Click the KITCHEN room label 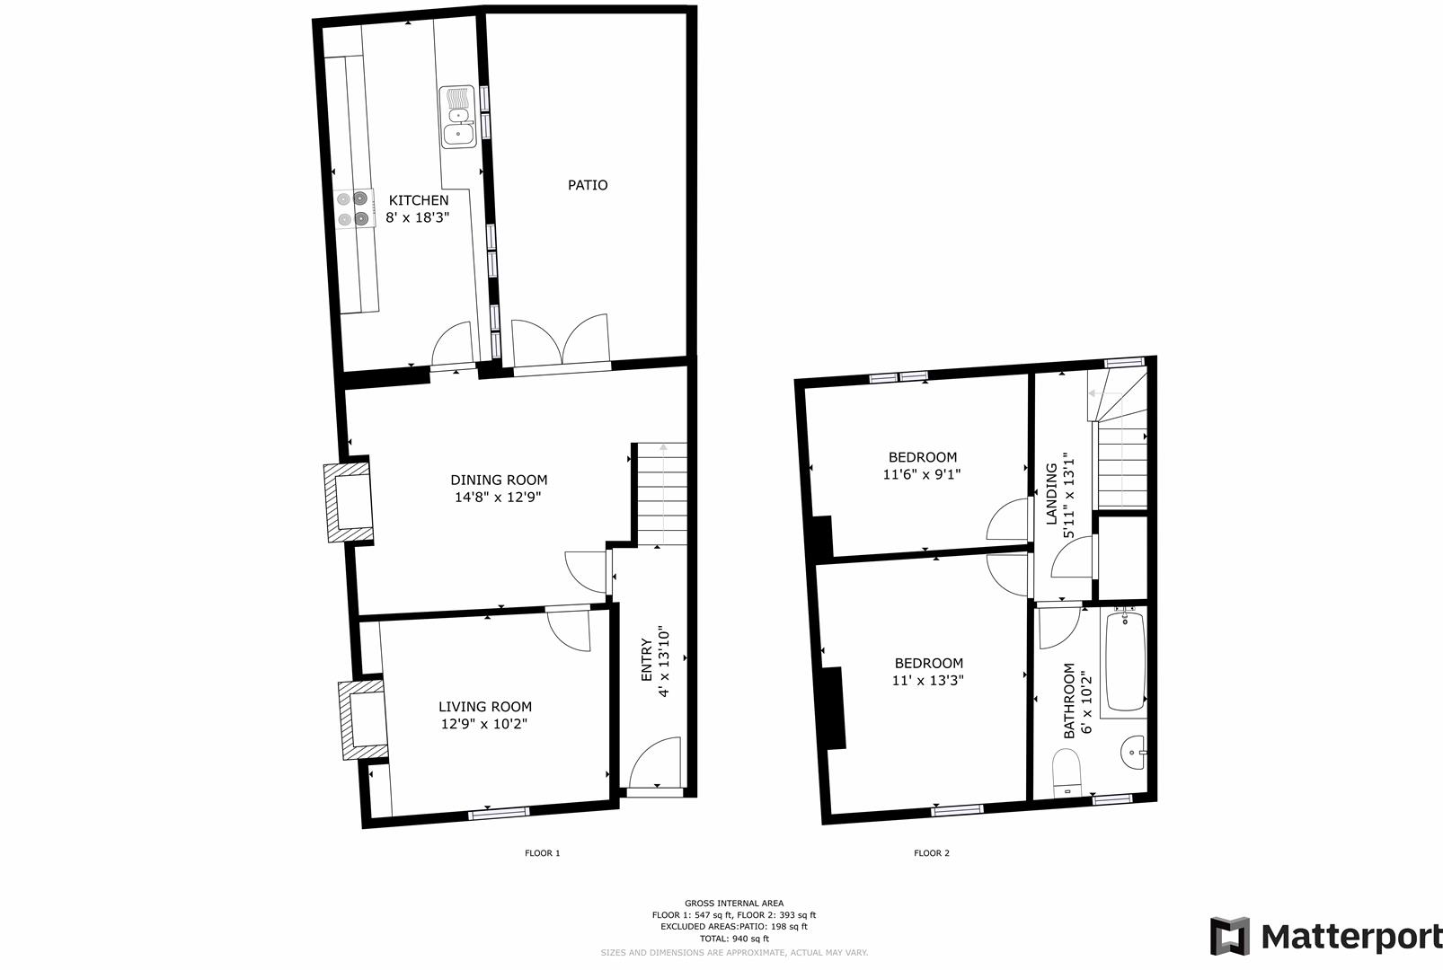click(x=418, y=200)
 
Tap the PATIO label click(x=588, y=185)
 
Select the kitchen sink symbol click(x=457, y=117)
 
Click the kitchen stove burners click(x=353, y=208)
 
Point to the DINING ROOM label click(x=499, y=480)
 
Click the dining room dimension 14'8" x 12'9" click(x=498, y=497)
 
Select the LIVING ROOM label click(x=485, y=707)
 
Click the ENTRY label click(x=646, y=660)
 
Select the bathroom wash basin click(x=1134, y=750)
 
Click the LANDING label click(x=1051, y=494)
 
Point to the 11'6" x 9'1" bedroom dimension click(x=922, y=474)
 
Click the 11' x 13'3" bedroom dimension click(x=927, y=681)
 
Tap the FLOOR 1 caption click(x=542, y=853)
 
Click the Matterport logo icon click(x=1229, y=937)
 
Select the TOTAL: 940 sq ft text click(x=734, y=939)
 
